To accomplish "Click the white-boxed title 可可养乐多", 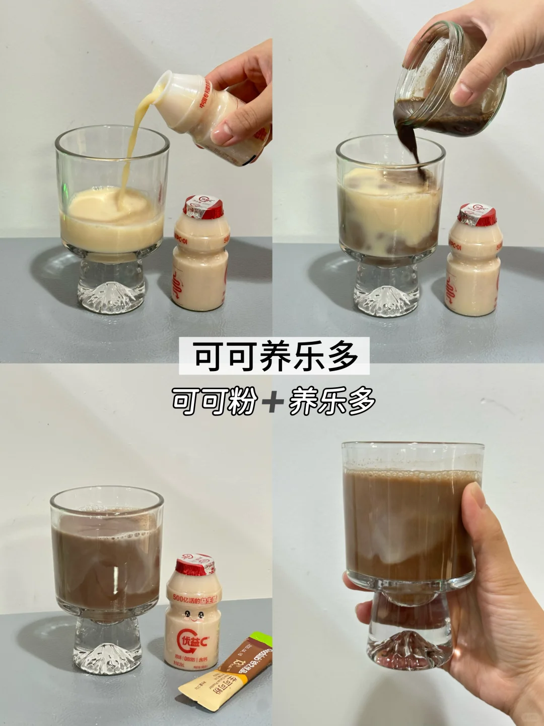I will tap(274, 356).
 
